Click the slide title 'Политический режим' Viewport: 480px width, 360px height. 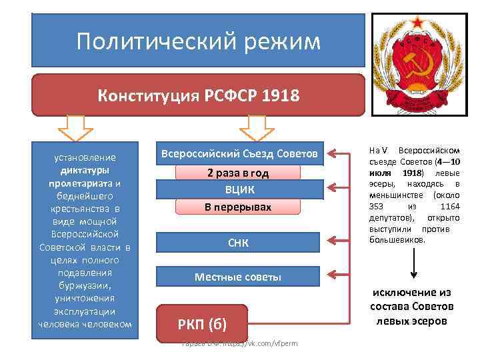[x=198, y=42]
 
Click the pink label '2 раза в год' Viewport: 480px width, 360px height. [x=238, y=173]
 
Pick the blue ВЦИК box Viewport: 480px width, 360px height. [x=238, y=189]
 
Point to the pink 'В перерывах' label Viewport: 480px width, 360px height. [x=238, y=207]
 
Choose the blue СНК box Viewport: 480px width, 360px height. [x=238, y=243]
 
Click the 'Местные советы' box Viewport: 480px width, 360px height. [x=238, y=277]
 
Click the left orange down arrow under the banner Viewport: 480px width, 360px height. [x=79, y=127]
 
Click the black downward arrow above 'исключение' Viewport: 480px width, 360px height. [x=414, y=267]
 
